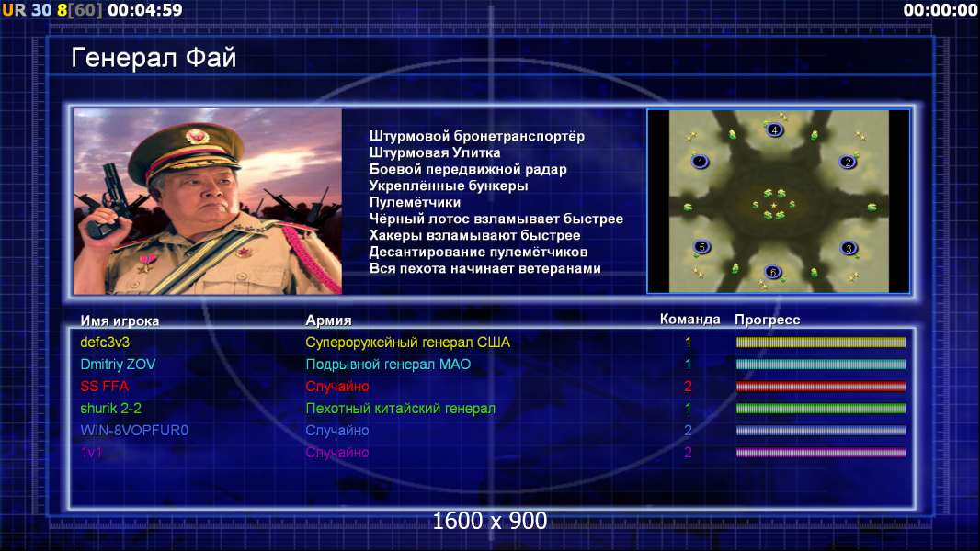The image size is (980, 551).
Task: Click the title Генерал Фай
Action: (154, 58)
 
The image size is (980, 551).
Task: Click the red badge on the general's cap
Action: (195, 136)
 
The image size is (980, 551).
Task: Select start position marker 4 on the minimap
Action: (774, 129)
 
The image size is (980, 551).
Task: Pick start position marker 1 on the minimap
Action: (701, 162)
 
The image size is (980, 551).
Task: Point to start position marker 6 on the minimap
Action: (773, 272)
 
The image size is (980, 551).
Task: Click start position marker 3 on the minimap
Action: (849, 248)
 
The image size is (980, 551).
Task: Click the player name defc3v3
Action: (105, 343)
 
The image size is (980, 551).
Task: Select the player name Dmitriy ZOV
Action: (118, 365)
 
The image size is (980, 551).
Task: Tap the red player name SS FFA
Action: (105, 387)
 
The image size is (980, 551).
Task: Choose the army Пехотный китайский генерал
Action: (401, 409)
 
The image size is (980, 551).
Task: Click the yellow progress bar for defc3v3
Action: (821, 342)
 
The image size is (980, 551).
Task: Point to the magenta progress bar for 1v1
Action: (821, 453)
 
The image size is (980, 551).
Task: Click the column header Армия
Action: (328, 320)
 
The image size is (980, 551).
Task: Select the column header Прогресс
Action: (767, 320)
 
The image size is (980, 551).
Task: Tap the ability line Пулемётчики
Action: (415, 203)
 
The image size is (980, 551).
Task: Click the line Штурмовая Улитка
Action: (435, 152)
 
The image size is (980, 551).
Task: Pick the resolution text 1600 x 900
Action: (490, 521)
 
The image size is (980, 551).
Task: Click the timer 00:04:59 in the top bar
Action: (145, 10)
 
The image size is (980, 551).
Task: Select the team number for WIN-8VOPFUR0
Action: (688, 431)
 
